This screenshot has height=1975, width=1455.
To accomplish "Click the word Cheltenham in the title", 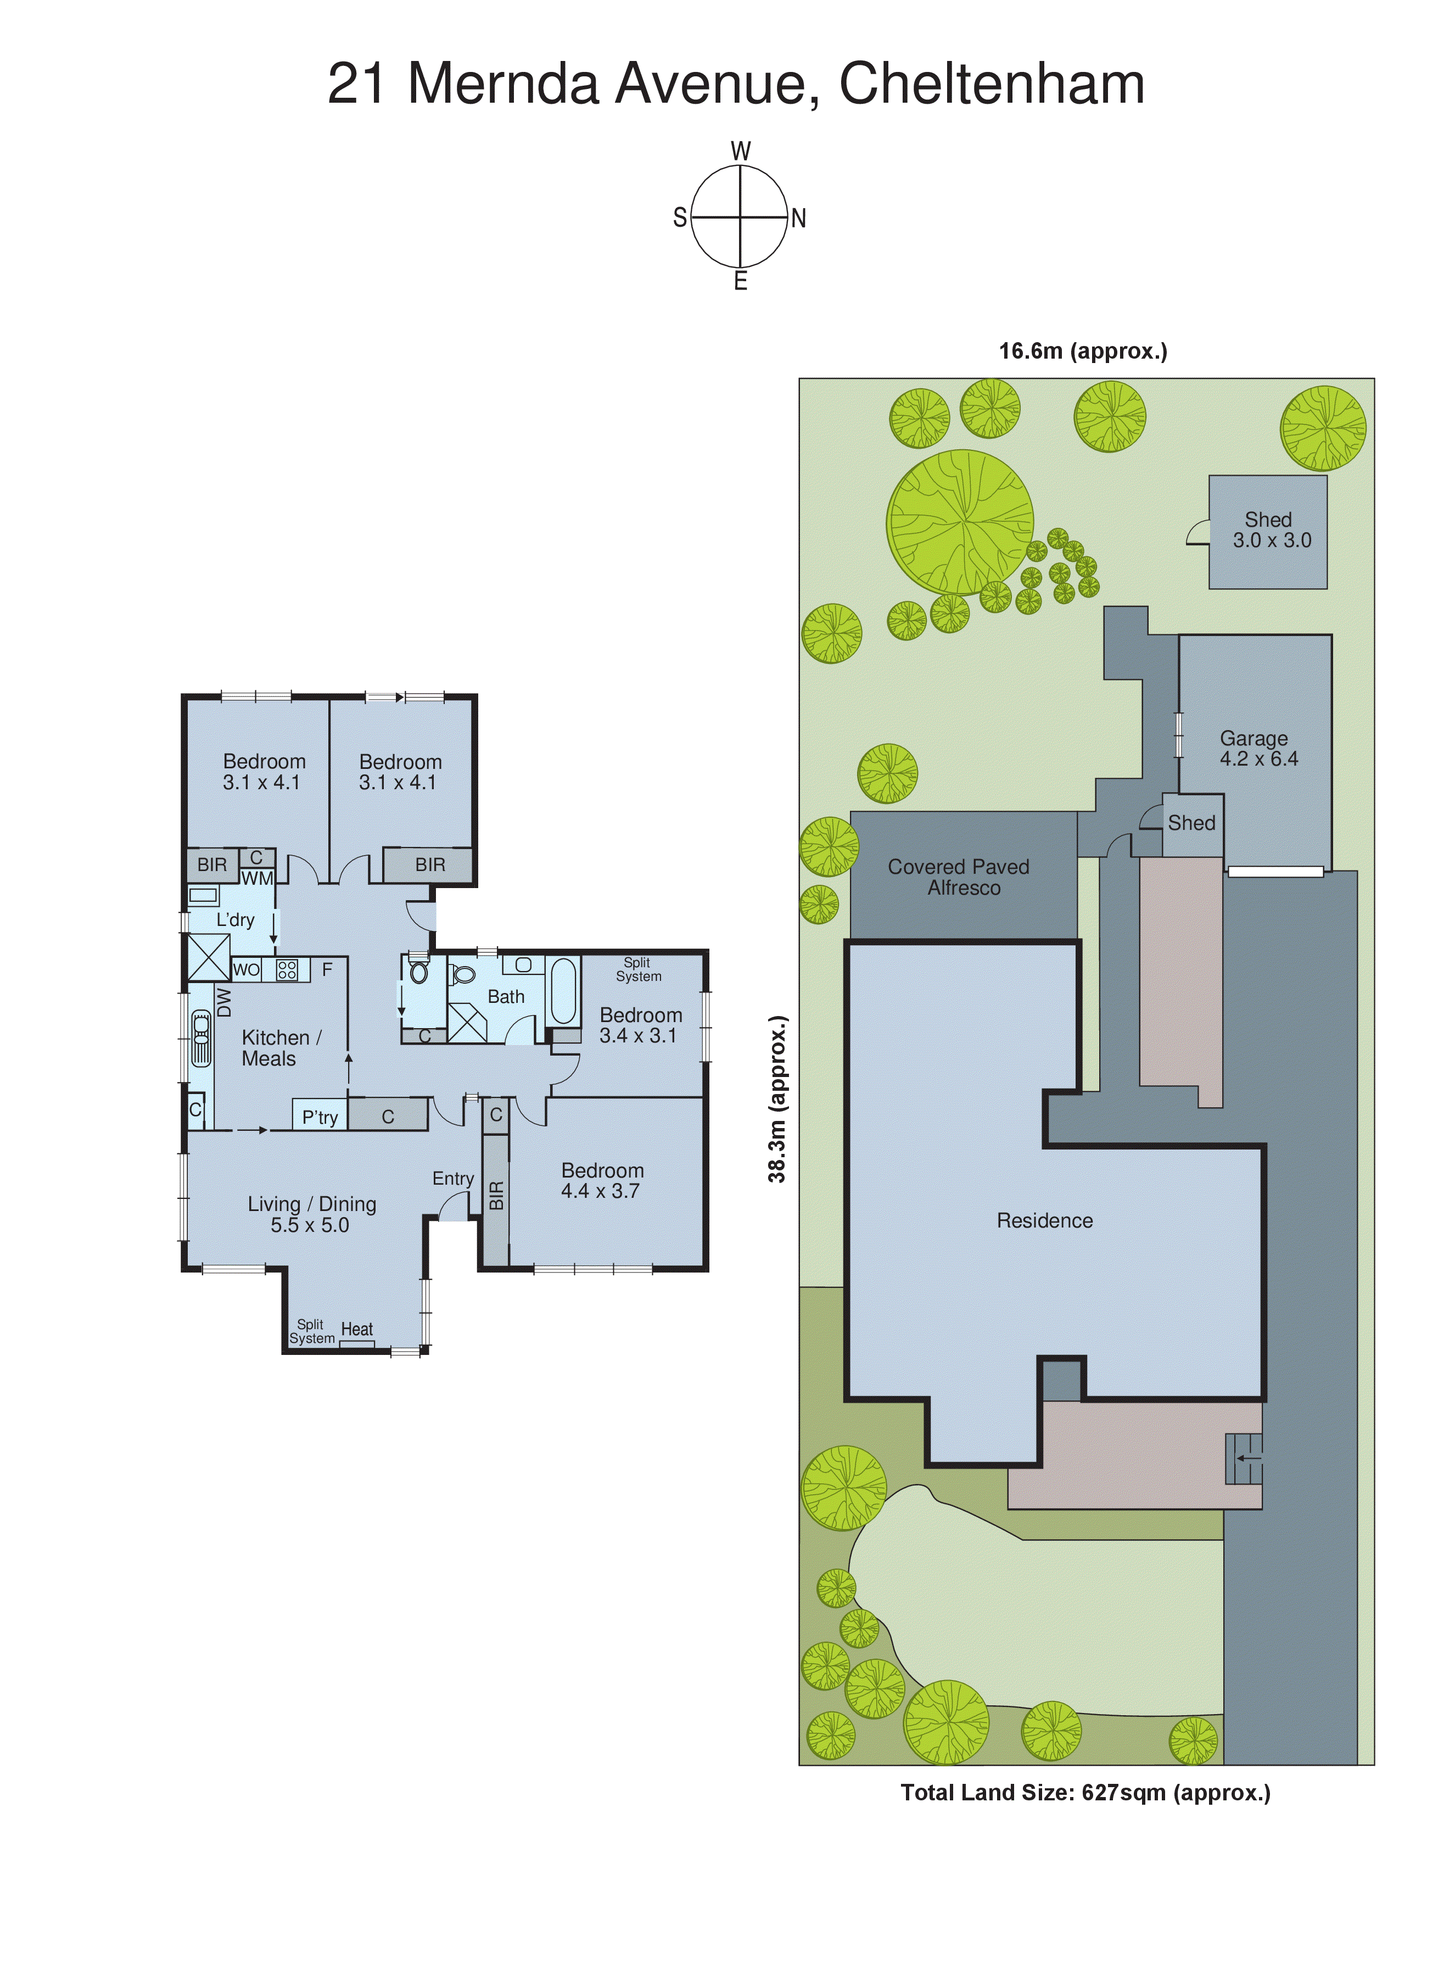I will coord(991,85).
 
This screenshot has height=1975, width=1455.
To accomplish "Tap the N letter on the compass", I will coord(798,219).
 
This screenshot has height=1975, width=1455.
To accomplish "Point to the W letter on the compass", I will coord(741,152).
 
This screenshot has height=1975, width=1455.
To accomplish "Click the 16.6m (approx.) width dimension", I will coord(1082,352).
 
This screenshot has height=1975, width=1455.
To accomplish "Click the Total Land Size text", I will coord(1084,1793).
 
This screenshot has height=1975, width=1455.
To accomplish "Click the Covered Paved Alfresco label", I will coord(959,878).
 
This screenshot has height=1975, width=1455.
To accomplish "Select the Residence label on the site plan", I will coord(1044,1221).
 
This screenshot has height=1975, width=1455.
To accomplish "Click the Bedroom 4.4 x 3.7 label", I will coord(602,1180).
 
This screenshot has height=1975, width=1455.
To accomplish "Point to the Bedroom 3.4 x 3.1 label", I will coord(640,1025).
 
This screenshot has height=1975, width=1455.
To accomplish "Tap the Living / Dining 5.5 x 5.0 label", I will coord(311,1214).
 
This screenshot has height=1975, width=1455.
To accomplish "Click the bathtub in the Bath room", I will coord(563,991).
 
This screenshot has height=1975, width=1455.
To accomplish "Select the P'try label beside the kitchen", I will coord(320,1117).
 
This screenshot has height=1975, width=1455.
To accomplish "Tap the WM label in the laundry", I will coord(256,878).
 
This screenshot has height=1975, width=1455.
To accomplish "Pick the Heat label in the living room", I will coord(357,1329).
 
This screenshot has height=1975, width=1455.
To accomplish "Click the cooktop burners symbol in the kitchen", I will coord(286,970).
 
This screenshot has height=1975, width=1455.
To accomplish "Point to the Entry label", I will coord(453,1179).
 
